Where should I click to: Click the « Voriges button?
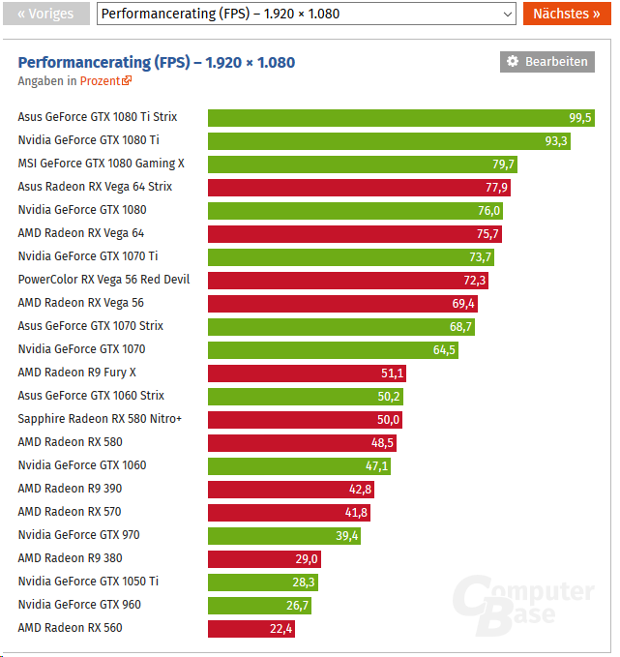(45, 14)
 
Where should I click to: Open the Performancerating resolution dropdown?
(308, 14)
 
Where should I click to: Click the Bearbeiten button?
(547, 62)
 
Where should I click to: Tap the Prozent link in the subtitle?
(104, 81)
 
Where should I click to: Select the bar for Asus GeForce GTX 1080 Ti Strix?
(400, 117)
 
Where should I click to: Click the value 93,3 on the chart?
(556, 140)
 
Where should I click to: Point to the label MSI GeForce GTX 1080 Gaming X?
(101, 164)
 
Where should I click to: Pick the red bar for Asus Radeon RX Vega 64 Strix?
(359, 187)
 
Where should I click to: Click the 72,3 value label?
(475, 280)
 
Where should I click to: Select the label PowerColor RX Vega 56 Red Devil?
(103, 280)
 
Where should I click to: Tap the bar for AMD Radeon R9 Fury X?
(307, 373)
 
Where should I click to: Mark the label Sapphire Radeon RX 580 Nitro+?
(100, 419)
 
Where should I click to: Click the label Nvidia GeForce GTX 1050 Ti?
(88, 582)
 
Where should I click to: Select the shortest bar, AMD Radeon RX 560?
(251, 628)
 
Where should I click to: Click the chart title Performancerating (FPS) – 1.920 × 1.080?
(157, 62)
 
